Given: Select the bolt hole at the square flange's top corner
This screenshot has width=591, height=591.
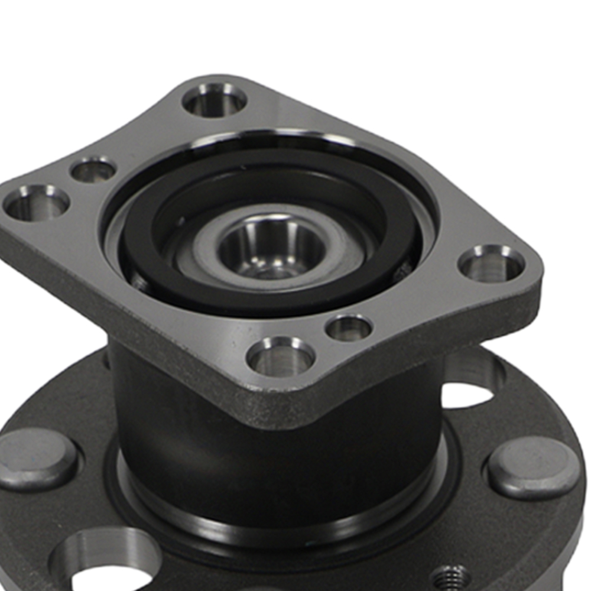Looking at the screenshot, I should point(214,100).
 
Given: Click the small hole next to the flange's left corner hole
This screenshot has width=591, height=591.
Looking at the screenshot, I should point(93,170).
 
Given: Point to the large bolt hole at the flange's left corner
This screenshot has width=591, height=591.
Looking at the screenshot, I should point(36,202).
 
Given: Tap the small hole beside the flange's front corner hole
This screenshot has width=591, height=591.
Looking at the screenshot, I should point(349,327).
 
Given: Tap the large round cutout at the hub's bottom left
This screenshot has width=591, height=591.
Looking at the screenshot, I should point(106,561).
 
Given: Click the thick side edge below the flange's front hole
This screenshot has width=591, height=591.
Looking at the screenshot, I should point(278,402).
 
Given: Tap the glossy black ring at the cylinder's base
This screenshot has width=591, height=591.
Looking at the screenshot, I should point(284,520).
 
